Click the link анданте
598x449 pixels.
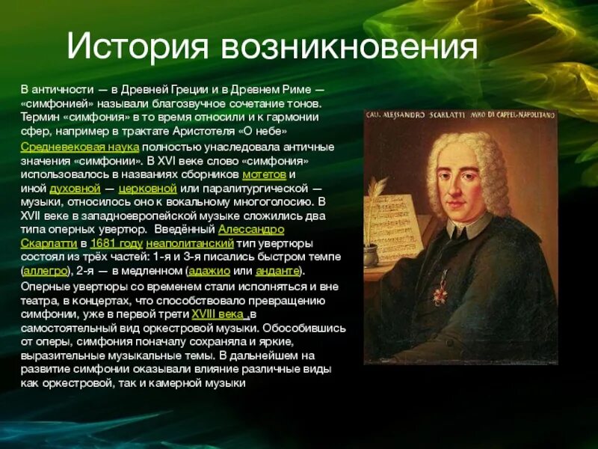coord(277,270)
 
